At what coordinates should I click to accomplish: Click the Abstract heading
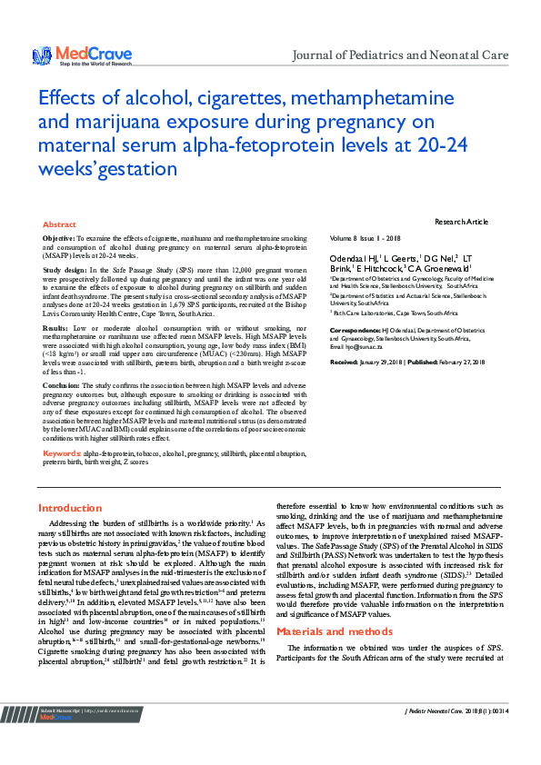click(59, 224)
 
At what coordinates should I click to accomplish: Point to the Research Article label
click(461, 222)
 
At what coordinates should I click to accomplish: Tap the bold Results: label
click(55, 327)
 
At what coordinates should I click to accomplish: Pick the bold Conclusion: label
click(62, 384)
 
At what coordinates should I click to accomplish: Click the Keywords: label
click(63, 452)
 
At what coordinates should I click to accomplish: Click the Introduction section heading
click(70, 508)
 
